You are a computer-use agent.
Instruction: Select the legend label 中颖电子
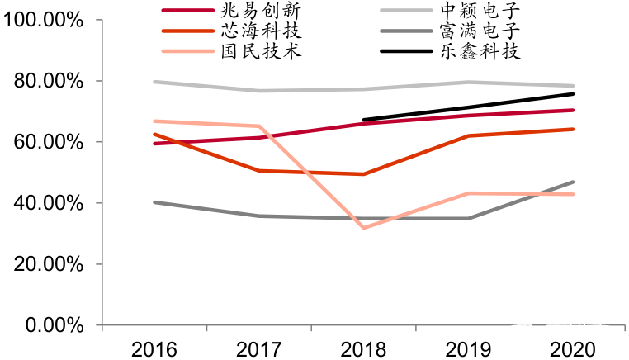pyautogui.click(x=481, y=12)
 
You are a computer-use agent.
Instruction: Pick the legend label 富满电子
pyautogui.click(x=481, y=32)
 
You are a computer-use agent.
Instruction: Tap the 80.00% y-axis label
pyautogui.click(x=48, y=81)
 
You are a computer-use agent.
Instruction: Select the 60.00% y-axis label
pyautogui.click(x=48, y=142)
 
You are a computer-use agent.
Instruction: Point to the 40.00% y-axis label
pyautogui.click(x=48, y=203)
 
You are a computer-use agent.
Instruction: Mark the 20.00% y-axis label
pyautogui.click(x=48, y=264)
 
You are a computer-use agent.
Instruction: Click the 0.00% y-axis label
pyautogui.click(x=53, y=325)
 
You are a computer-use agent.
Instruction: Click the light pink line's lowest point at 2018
pyautogui.click(x=364, y=228)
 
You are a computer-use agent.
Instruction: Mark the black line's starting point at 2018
pyautogui.click(x=364, y=120)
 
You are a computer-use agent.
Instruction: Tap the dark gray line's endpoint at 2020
pyautogui.click(x=574, y=182)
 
